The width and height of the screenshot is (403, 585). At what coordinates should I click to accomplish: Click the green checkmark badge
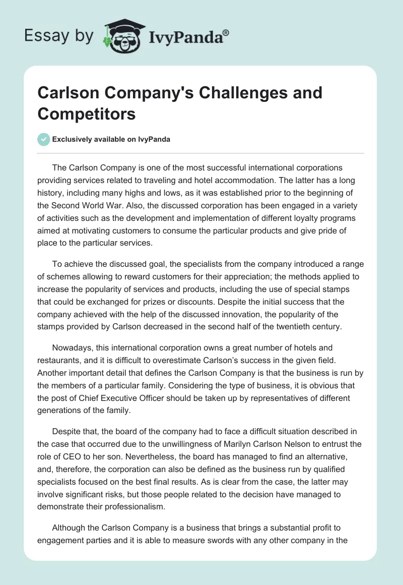44,139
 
